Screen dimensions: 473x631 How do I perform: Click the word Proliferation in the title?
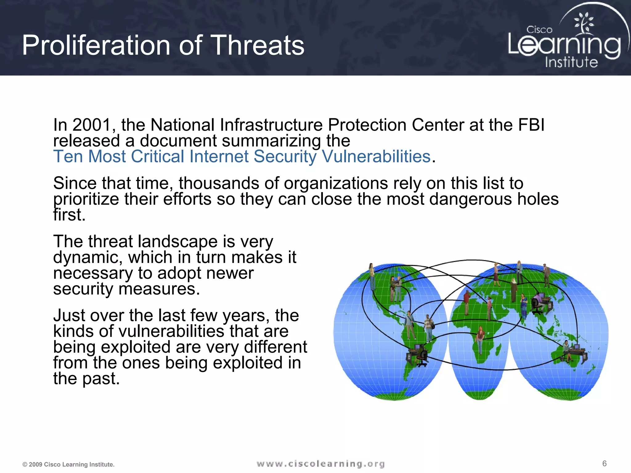click(x=96, y=46)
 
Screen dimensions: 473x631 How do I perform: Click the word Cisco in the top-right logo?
click(x=539, y=30)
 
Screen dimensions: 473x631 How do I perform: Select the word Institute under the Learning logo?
click(x=571, y=62)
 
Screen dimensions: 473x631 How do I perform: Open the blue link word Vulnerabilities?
click(x=376, y=156)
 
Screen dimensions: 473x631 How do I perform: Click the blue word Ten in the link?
click(x=68, y=156)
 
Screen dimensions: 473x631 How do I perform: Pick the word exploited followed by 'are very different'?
click(x=136, y=347)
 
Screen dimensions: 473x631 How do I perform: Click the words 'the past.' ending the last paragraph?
click(x=86, y=378)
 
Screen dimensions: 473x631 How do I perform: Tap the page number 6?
click(x=604, y=463)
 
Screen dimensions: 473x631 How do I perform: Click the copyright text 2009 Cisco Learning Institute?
click(x=68, y=464)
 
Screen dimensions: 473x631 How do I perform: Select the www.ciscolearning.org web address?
click(x=320, y=464)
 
